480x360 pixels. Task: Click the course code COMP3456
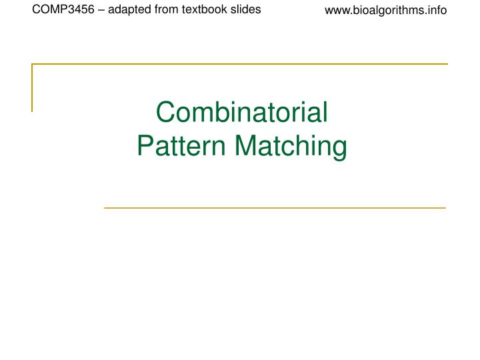(x=61, y=10)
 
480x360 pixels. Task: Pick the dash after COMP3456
(x=95, y=10)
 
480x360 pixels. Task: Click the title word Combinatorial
(x=242, y=113)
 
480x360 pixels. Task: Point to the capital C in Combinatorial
(x=165, y=113)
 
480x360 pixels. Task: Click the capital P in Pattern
(x=145, y=146)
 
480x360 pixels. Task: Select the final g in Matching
(x=339, y=149)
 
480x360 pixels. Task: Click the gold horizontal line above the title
(x=240, y=64)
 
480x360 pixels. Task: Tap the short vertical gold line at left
(x=32, y=87)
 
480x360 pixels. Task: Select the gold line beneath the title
(x=275, y=208)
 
